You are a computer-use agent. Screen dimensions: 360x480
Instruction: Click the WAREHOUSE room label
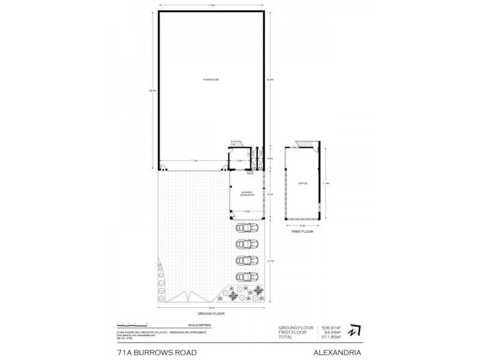(x=211, y=80)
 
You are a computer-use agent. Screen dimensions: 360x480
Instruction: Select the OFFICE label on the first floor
(x=302, y=183)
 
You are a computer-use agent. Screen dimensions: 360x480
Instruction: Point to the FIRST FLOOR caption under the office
(x=302, y=230)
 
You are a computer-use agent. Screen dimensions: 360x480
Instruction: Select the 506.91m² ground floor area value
(x=331, y=327)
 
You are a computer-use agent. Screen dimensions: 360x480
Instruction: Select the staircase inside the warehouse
(x=235, y=145)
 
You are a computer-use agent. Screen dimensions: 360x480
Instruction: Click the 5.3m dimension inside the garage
(x=246, y=211)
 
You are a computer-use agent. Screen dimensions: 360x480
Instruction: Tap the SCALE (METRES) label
(x=211, y=324)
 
